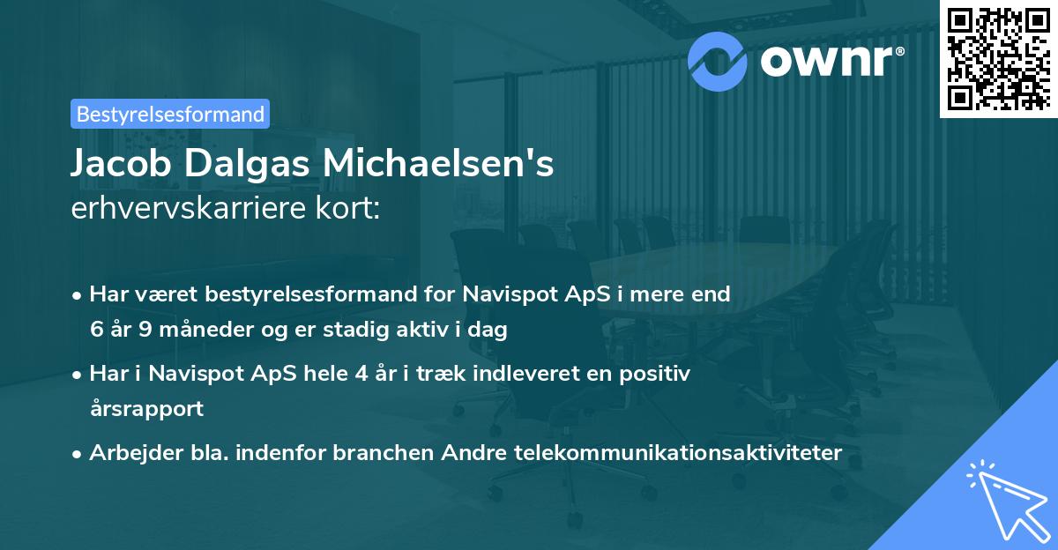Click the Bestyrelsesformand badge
170,114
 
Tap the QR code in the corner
997,59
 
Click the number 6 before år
96,331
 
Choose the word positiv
659,374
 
